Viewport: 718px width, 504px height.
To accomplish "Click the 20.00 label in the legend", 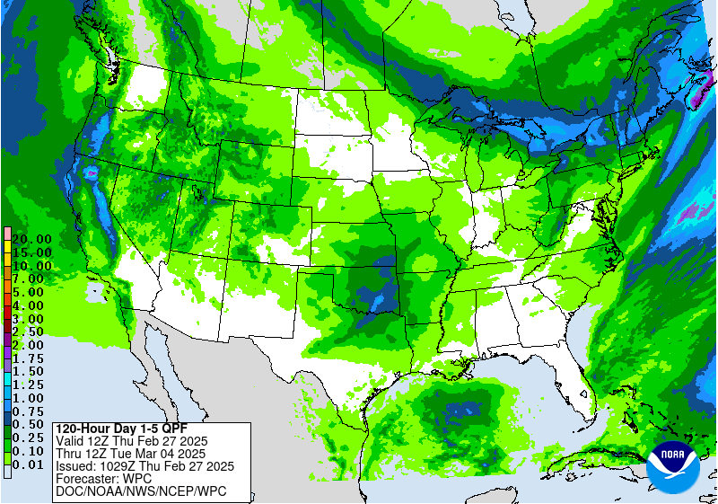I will pyautogui.click(x=31, y=240).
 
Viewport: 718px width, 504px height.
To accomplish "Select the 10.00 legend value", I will pyautogui.click(x=31, y=266).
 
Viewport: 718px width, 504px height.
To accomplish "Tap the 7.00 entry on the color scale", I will pyautogui.click(x=28, y=279).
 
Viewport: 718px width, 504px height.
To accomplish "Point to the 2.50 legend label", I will pyautogui.click(x=28, y=332).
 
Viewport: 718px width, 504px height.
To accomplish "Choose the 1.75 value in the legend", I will pyautogui.click(x=28, y=358).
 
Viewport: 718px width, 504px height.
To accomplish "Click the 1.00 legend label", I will pyautogui.click(x=28, y=397).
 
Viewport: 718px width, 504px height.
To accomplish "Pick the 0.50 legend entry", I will pyautogui.click(x=28, y=423).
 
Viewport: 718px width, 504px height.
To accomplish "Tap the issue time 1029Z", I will pyautogui.click(x=118, y=466).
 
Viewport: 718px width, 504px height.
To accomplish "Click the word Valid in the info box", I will pyautogui.click(x=72, y=441).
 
